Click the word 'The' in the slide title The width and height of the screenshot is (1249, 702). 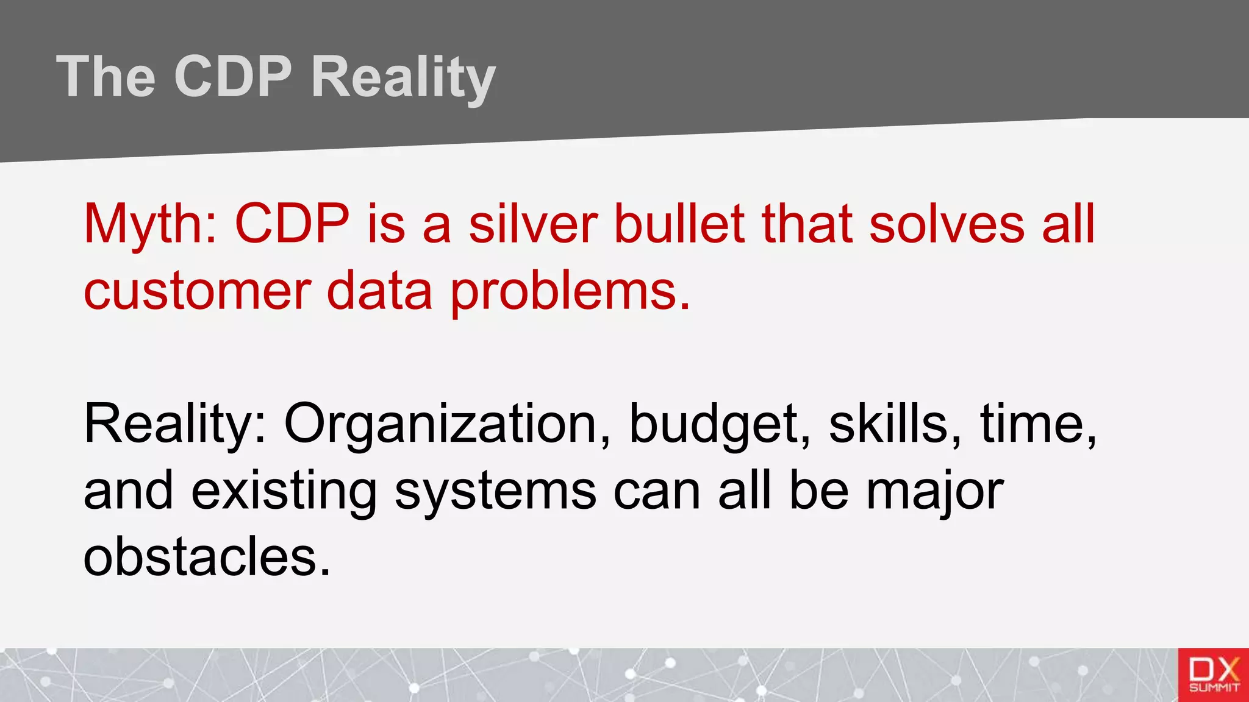106,77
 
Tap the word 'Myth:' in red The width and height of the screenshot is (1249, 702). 150,224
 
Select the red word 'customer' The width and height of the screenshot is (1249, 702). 197,291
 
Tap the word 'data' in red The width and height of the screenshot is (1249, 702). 379,291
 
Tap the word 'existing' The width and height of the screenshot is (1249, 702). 284,492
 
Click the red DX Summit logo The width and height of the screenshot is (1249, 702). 1213,675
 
